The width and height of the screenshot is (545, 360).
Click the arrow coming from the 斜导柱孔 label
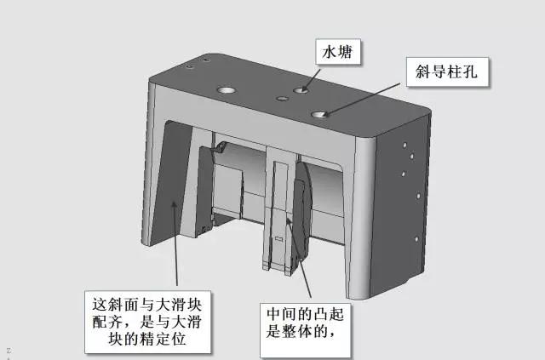(x=366, y=96)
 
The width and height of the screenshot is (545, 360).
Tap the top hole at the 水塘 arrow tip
(x=302, y=89)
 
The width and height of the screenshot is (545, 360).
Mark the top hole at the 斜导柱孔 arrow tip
(x=320, y=113)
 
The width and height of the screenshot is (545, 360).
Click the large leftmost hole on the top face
(x=227, y=89)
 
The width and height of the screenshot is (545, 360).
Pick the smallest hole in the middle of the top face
(x=282, y=99)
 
